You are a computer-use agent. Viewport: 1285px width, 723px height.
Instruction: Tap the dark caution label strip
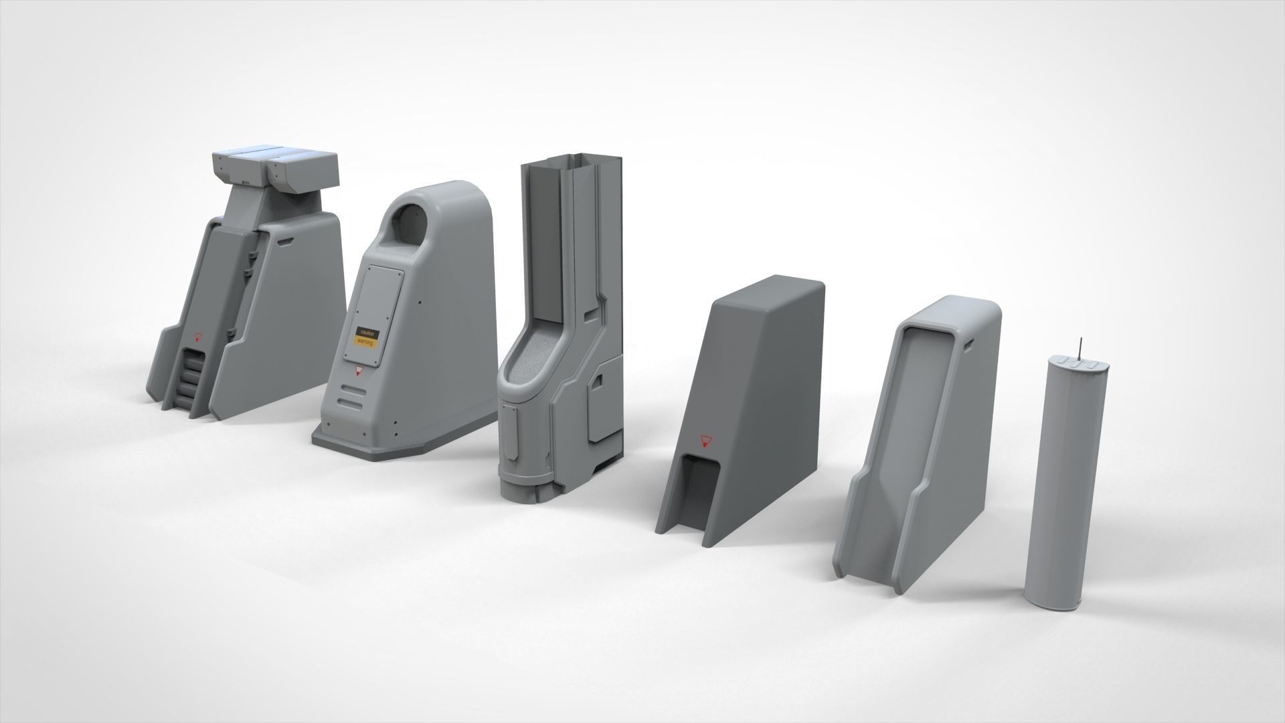point(367,332)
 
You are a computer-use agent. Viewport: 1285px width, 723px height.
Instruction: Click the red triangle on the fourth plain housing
point(704,441)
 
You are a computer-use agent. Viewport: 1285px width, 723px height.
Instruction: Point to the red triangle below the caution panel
point(357,370)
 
